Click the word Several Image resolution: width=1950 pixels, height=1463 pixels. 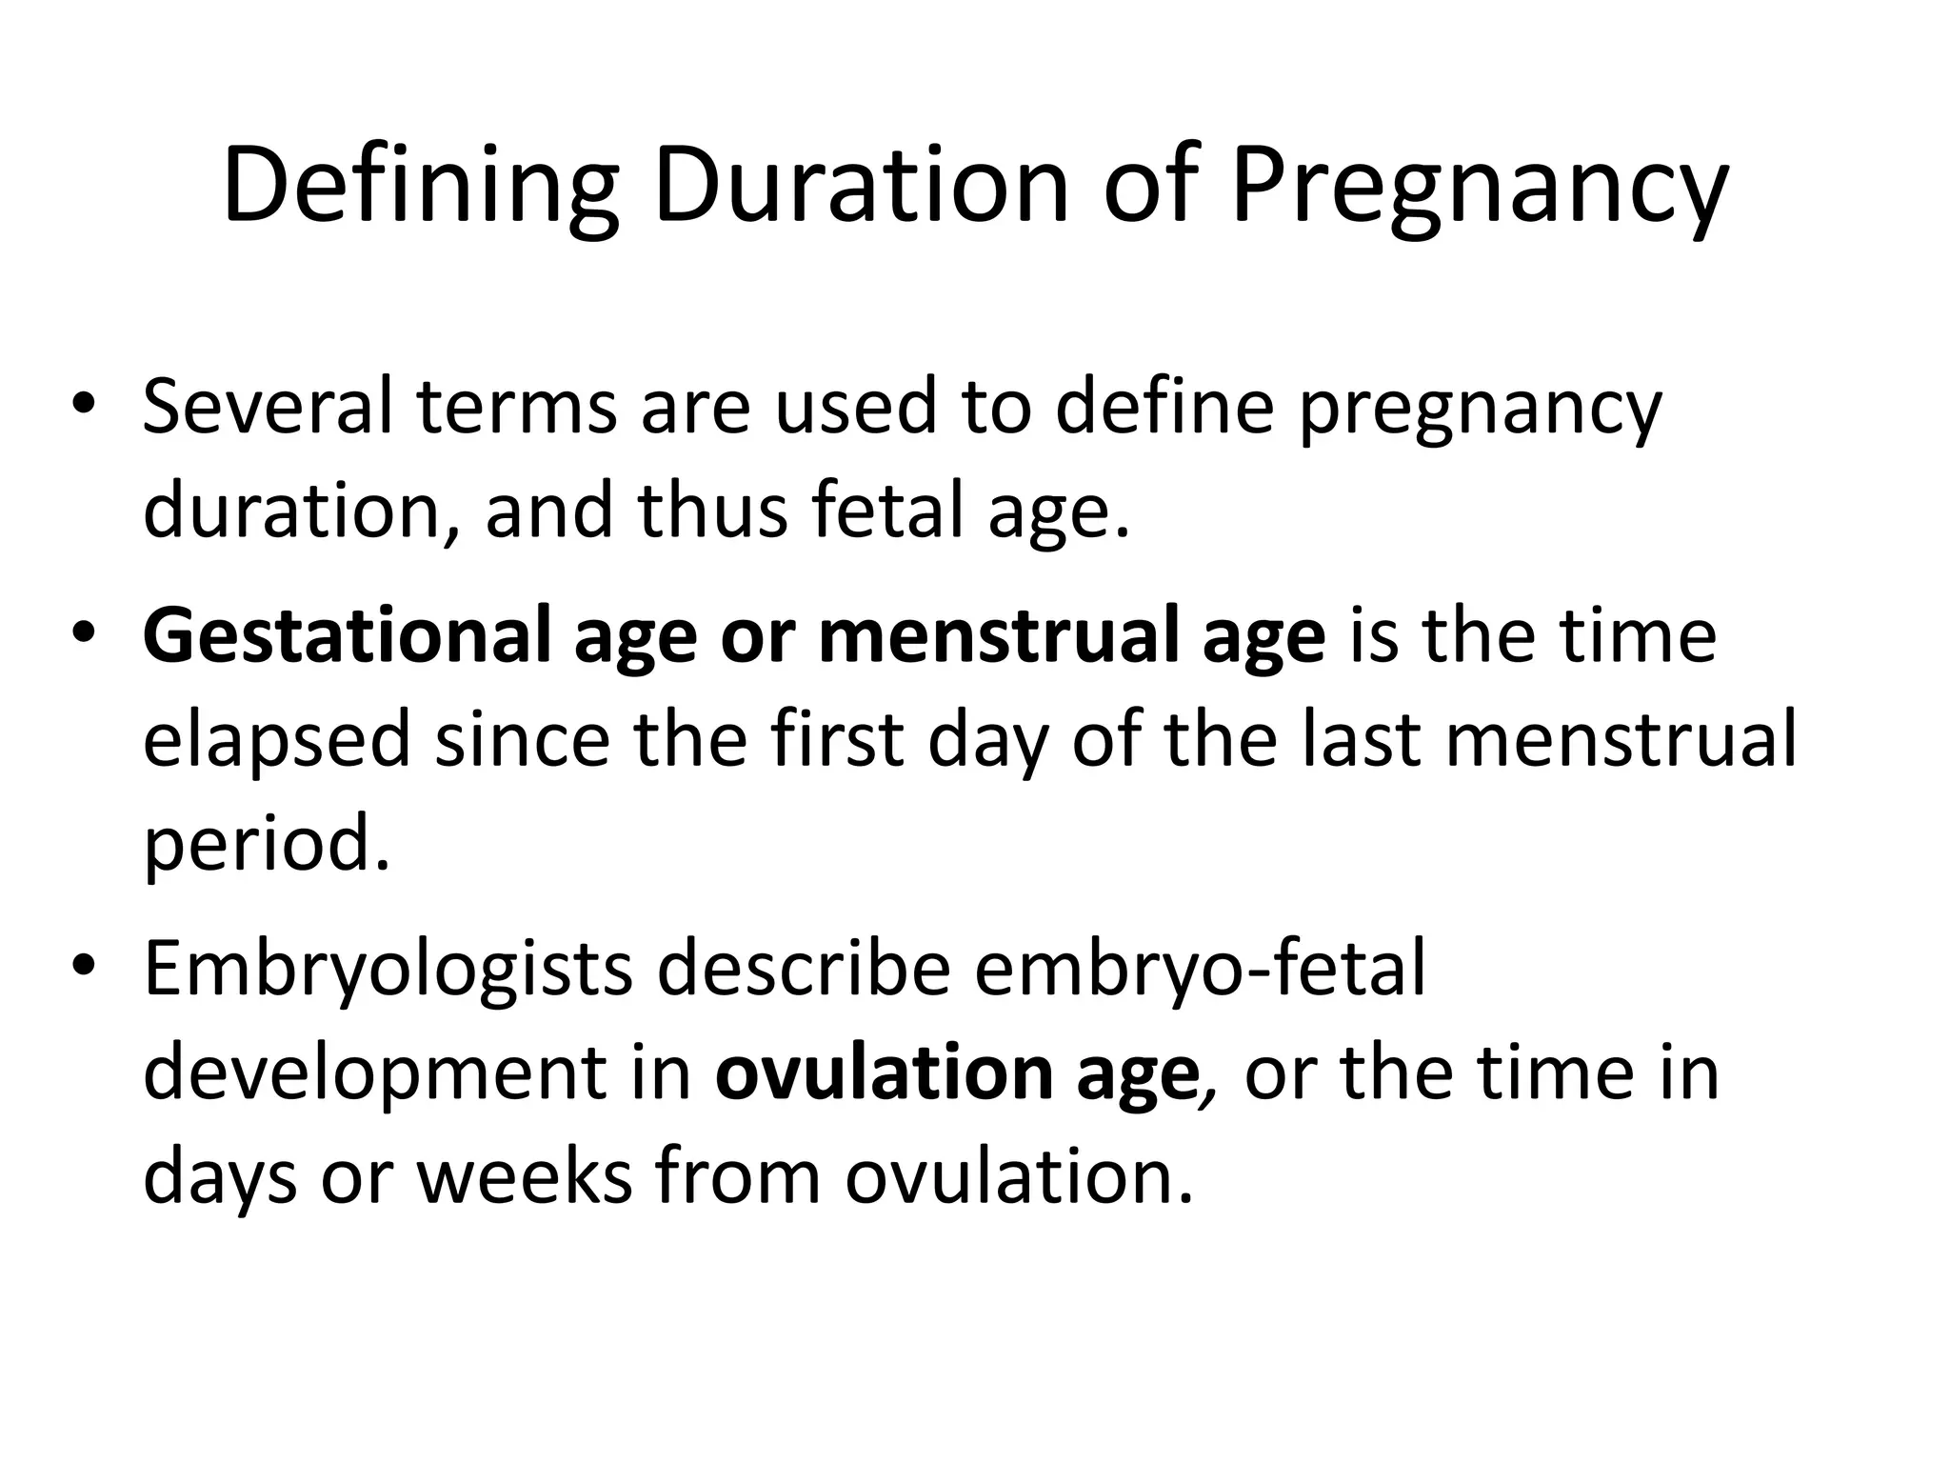(268, 407)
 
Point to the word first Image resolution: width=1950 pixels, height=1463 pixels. (837, 740)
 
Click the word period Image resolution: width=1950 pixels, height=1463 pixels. (267, 845)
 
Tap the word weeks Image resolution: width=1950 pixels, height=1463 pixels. (524, 1177)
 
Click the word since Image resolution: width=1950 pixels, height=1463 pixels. (522, 740)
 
